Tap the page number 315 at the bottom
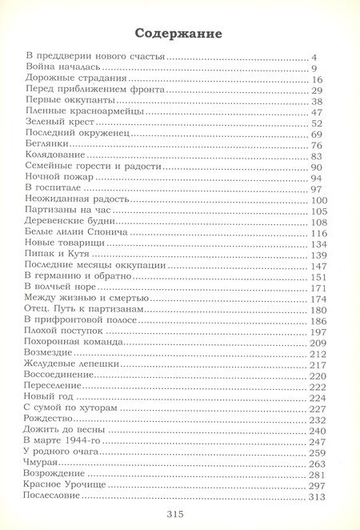click(x=178, y=513)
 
